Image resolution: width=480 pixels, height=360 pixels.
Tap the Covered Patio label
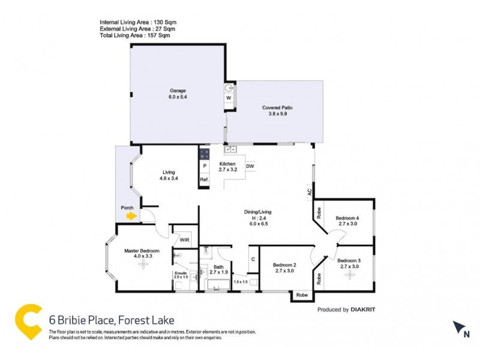click(x=277, y=111)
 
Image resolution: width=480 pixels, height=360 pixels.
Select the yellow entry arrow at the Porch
click(x=131, y=217)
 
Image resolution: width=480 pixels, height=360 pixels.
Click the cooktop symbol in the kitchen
click(x=204, y=153)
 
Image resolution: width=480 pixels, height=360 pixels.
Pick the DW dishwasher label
click(x=250, y=166)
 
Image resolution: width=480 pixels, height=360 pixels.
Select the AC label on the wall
click(x=310, y=193)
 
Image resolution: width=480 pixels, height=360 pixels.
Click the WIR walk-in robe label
click(x=184, y=240)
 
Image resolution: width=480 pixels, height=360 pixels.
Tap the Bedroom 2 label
click(x=284, y=268)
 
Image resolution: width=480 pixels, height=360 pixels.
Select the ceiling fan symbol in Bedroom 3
click(x=348, y=274)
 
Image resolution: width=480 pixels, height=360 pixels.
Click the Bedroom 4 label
click(x=347, y=220)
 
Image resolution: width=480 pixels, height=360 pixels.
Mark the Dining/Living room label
click(x=258, y=215)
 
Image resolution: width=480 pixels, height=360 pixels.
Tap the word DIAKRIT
click(x=367, y=310)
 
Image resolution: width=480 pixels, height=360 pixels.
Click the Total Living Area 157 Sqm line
click(x=135, y=36)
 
